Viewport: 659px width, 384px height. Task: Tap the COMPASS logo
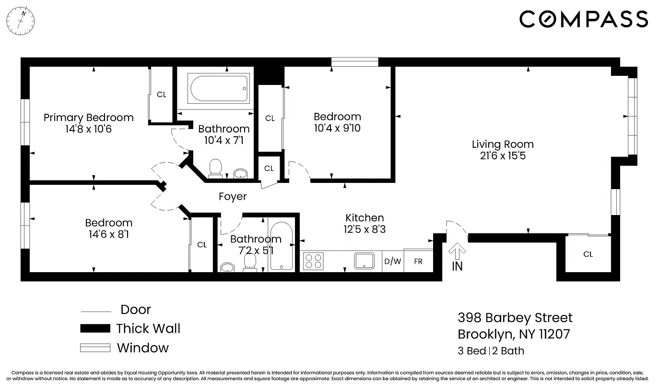click(584, 20)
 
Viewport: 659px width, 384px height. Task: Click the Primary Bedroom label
click(88, 118)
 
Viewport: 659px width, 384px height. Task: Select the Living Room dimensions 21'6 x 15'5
click(503, 156)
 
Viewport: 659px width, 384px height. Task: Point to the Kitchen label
click(365, 218)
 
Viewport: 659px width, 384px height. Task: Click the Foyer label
click(233, 196)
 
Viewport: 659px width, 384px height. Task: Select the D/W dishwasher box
click(392, 262)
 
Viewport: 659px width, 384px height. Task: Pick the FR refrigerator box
click(418, 262)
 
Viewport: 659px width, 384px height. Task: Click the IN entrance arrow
click(457, 254)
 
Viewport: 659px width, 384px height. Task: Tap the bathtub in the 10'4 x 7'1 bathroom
click(219, 88)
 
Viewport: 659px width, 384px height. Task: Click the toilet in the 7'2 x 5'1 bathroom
click(250, 263)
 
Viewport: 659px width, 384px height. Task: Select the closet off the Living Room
click(588, 254)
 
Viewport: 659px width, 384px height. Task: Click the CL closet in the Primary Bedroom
click(162, 95)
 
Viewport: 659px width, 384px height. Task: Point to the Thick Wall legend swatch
click(95, 329)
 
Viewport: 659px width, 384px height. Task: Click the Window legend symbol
click(95, 348)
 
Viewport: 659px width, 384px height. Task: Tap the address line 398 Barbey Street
click(515, 318)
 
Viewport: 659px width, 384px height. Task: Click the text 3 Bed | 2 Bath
click(491, 351)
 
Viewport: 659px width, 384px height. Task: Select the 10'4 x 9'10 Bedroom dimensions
click(337, 128)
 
